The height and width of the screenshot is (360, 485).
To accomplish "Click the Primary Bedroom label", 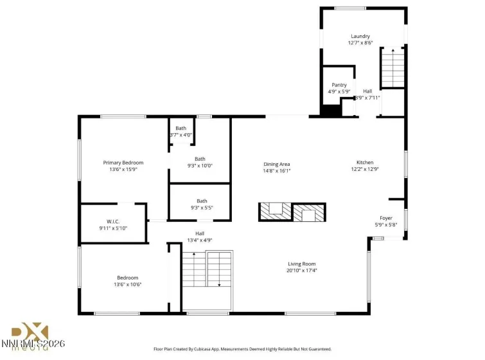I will tap(123, 163).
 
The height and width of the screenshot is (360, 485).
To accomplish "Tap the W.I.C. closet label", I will tap(114, 221).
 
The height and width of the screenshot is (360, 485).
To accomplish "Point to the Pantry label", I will tap(339, 85).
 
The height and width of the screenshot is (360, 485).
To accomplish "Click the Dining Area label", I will tap(277, 163).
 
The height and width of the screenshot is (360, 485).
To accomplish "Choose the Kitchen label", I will tap(365, 163).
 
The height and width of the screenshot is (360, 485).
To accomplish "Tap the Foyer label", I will tap(385, 218).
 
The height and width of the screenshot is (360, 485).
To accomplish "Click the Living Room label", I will tap(301, 264).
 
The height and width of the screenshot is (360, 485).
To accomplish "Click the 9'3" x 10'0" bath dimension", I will tap(200, 165).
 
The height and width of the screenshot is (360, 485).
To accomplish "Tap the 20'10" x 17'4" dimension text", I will tap(301, 270).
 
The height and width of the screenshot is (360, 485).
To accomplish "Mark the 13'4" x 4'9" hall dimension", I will tap(200, 240).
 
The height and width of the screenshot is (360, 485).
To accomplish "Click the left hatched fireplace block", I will tap(275, 212).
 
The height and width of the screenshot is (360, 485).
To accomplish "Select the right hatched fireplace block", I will tap(310, 212).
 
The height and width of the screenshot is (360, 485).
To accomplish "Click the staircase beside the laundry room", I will tap(392, 68).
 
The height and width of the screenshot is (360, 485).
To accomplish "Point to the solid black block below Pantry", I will tap(331, 111).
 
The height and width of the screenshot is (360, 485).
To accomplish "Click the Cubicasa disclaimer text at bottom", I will tap(242, 349).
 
